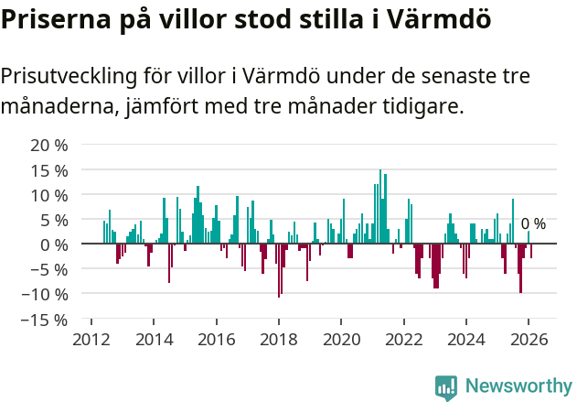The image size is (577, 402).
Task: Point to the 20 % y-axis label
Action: [x=49, y=146]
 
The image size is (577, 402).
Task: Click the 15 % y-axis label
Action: [x=49, y=170]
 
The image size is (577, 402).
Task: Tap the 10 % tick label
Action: [x=49, y=195]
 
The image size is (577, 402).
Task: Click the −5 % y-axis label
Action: [x=49, y=269]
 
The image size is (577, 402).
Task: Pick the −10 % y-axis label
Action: [x=45, y=294]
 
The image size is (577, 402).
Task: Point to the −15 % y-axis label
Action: [x=45, y=320]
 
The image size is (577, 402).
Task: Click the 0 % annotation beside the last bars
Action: [x=533, y=224]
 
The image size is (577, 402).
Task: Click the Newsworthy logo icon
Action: [x=446, y=387]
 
